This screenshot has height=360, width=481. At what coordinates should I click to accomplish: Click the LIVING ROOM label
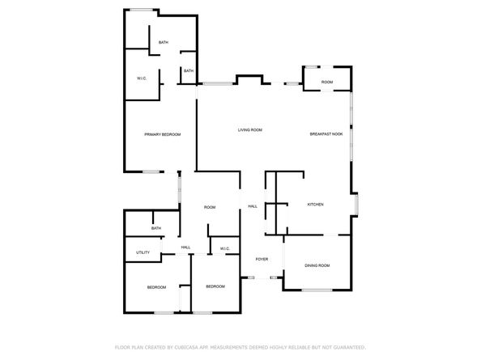[x=249, y=130]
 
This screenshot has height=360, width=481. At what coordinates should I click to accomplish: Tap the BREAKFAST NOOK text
[x=326, y=133]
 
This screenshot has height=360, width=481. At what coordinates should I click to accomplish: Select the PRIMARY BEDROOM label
[x=162, y=133]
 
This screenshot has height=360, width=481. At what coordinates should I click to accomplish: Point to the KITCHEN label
[x=315, y=205]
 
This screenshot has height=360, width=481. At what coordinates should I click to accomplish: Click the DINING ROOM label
[x=317, y=265]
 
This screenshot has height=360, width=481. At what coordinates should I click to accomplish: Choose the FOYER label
[x=262, y=259]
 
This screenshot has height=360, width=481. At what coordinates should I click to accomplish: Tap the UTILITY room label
[x=143, y=252]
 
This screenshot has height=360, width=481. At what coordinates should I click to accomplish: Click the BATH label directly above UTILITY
[x=155, y=228]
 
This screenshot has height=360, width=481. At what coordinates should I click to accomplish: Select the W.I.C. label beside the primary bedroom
[x=141, y=78]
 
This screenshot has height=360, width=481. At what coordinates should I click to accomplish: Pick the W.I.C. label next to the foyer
[x=224, y=248]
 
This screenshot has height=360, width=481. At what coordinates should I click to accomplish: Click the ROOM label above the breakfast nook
[x=326, y=82]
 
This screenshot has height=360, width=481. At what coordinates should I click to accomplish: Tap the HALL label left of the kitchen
[x=252, y=206]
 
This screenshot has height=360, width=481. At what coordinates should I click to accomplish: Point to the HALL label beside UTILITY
[x=185, y=247]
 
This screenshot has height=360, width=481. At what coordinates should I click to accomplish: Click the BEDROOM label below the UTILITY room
[x=156, y=287]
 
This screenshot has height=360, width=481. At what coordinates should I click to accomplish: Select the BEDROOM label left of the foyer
[x=215, y=286]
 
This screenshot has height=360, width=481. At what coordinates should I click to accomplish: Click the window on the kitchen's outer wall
[x=357, y=205]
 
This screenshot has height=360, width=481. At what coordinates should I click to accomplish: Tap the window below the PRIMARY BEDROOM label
[x=152, y=171]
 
